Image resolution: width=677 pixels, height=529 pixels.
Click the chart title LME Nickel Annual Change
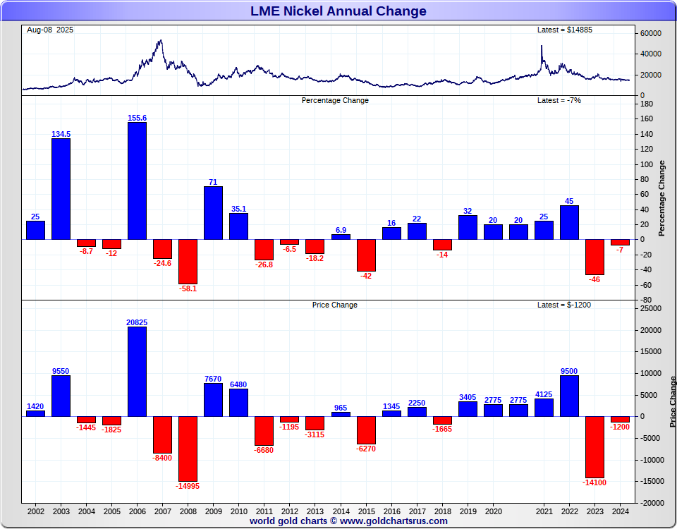click(338, 11)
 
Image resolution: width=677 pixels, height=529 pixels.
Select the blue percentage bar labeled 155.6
click(137, 181)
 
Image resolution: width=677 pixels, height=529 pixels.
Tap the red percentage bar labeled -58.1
click(188, 261)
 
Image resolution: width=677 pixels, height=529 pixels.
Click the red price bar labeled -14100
click(594, 446)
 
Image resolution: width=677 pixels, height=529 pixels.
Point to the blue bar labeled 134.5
click(61, 188)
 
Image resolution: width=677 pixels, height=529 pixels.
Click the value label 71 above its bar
click(213, 181)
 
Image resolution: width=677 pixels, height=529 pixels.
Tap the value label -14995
click(188, 486)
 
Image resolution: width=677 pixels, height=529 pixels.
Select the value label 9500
click(569, 370)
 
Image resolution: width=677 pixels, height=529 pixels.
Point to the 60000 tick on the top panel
click(651, 33)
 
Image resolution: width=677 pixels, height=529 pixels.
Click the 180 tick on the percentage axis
click(647, 104)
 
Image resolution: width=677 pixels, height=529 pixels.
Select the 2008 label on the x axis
click(188, 511)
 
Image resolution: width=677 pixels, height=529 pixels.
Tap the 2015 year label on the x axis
click(366, 511)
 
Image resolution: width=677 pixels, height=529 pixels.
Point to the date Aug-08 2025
click(50, 30)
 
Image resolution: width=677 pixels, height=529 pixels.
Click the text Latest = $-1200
click(564, 305)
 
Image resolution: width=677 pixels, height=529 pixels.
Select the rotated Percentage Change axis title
click(661, 198)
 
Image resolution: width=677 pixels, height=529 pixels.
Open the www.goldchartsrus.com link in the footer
click(394, 521)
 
